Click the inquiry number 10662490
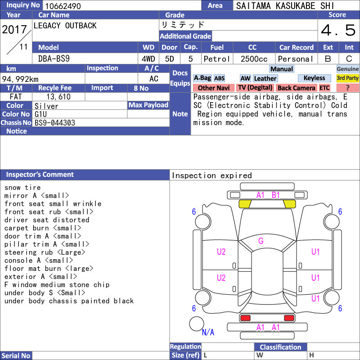pos(63,6)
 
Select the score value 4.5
pos(338,30)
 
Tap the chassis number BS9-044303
pos(55,123)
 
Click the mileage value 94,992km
pos(20,79)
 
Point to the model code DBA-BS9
pos(54,59)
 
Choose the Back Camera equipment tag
pos(296,88)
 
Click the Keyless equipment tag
pos(314,78)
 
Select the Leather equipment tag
pos(265,78)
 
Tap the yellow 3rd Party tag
pos(347,78)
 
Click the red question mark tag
pos(347,88)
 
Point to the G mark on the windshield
pos(261,241)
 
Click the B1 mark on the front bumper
pos(275,195)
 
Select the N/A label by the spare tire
pos(208,332)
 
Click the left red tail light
pos(245,318)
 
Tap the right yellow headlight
pos(289,204)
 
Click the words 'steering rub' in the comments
pos(29,252)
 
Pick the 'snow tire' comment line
pos(22,188)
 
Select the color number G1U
pos(40,114)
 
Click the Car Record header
pos(297,47)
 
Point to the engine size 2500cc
pos(254,59)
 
